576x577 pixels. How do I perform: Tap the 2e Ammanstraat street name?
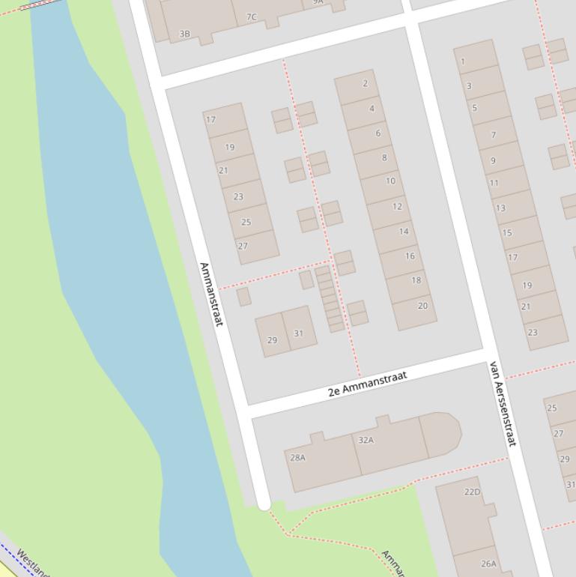click(367, 384)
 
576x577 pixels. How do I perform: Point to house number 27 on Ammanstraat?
click(243, 246)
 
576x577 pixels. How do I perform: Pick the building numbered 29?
click(272, 340)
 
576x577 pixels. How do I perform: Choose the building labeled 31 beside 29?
click(298, 333)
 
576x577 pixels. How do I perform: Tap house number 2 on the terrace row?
click(366, 83)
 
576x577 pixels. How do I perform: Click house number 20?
click(422, 306)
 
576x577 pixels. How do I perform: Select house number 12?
click(397, 206)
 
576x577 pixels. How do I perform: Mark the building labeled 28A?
click(297, 457)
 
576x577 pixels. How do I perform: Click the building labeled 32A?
click(366, 440)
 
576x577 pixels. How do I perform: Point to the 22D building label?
click(472, 492)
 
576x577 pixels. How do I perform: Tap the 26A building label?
click(488, 564)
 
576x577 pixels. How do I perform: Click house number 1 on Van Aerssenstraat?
click(463, 61)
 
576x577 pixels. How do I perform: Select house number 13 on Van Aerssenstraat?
click(500, 208)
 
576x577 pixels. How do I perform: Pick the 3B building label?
click(184, 34)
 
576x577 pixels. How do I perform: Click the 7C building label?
click(251, 17)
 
